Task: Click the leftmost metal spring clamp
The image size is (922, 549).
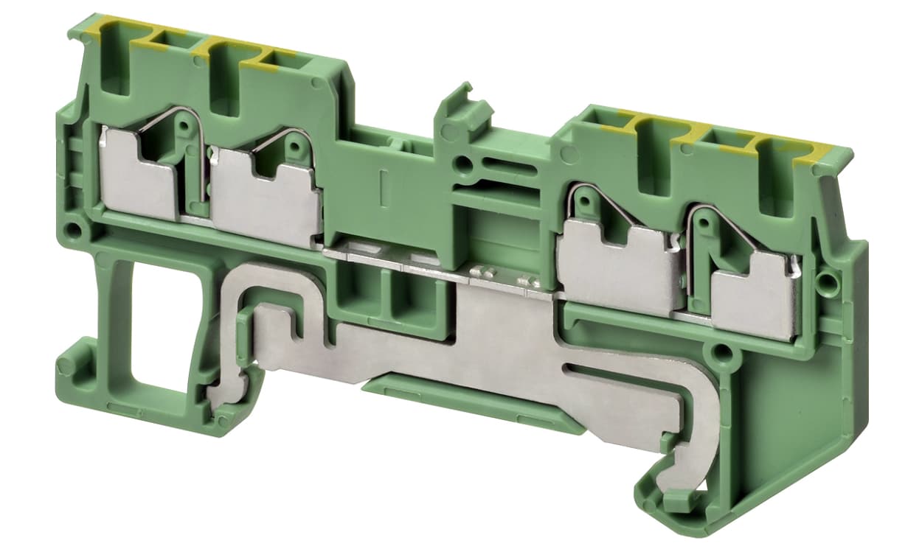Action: [140, 174]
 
